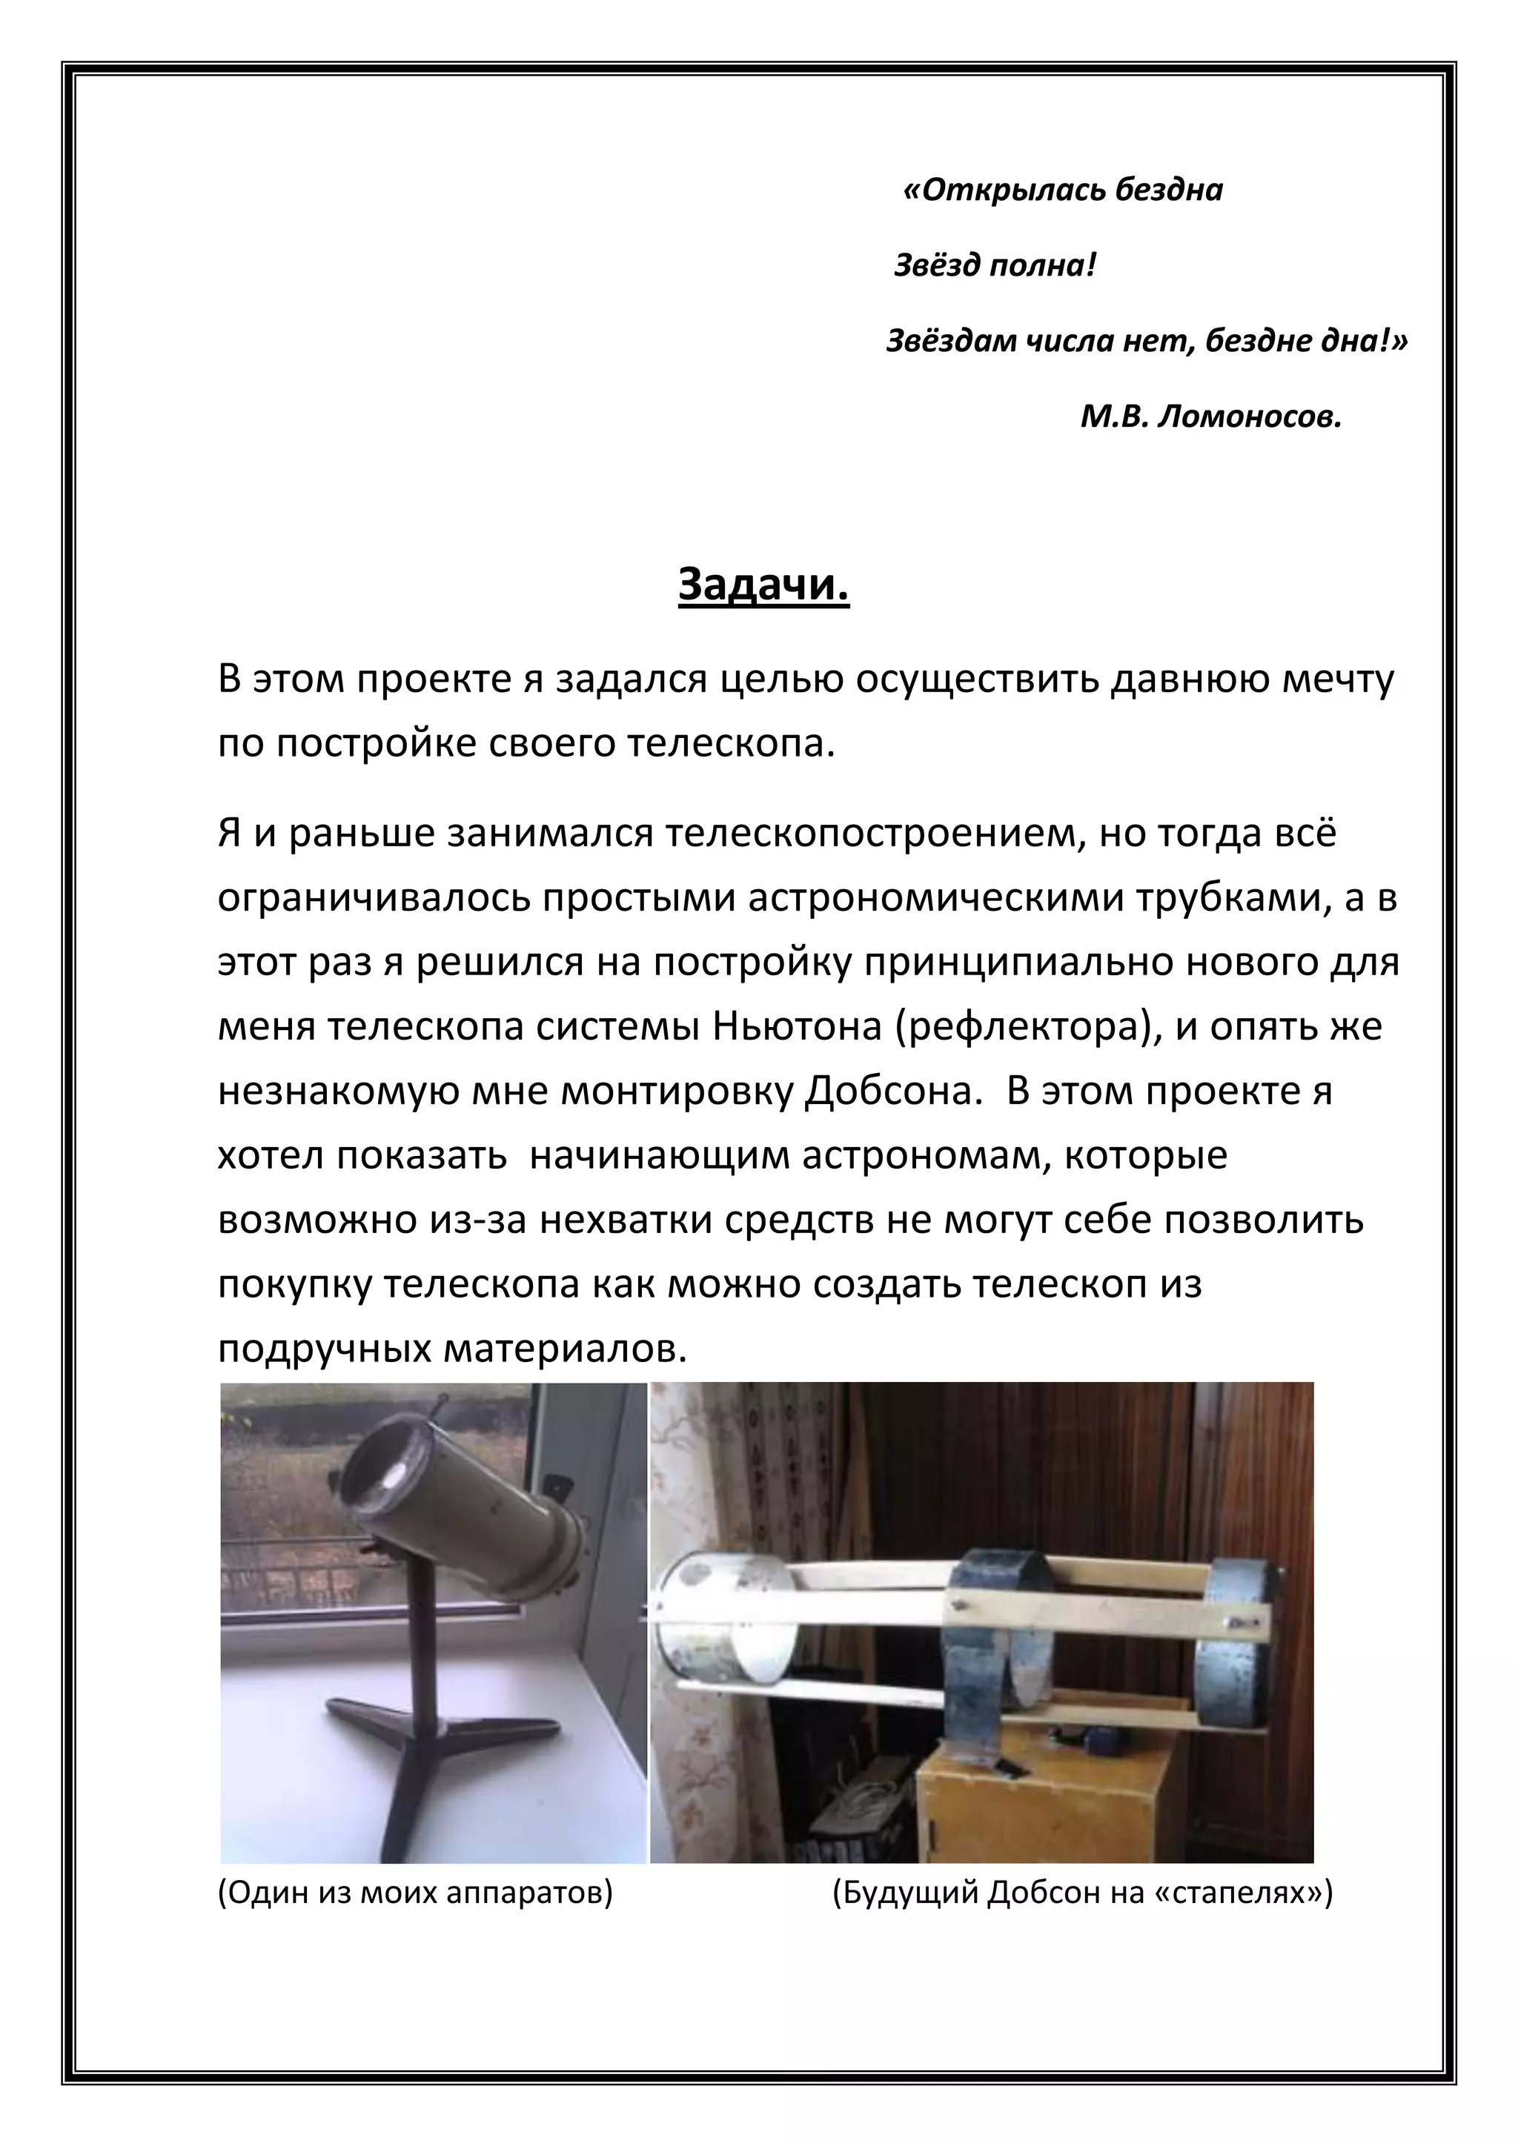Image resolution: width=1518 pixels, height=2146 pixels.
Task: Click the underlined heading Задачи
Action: [763, 585]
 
